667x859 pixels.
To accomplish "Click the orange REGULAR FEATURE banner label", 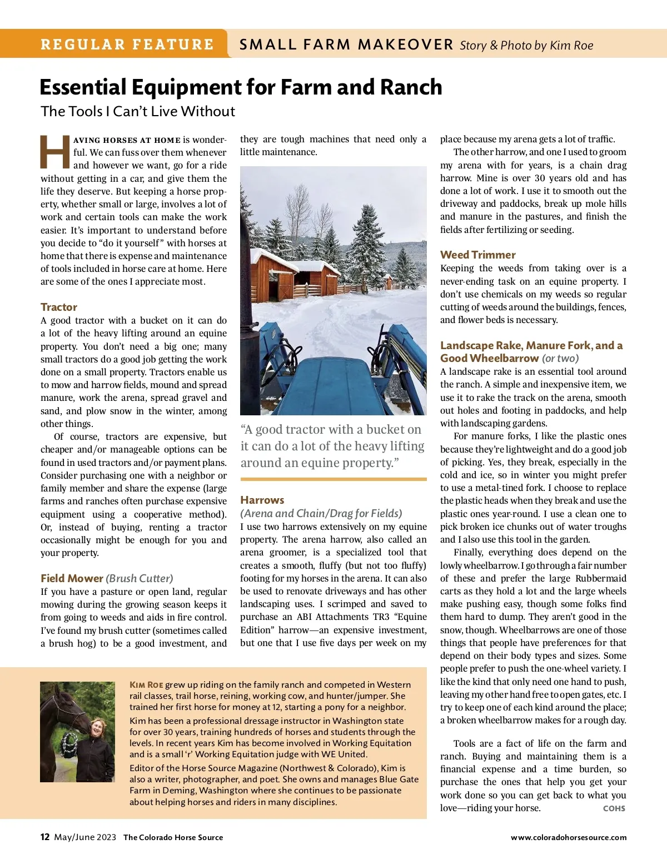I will tap(127, 44).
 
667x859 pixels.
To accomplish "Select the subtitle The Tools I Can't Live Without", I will tap(138, 111).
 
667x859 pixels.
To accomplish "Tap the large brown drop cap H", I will tap(55, 152).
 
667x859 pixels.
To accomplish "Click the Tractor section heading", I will tap(59, 307).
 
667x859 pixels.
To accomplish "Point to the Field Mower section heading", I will tap(72, 578).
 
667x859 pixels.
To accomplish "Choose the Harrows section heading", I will tap(262, 500).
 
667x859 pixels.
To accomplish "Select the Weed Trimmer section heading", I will tap(478, 255).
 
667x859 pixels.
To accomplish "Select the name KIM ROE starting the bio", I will tap(146, 685).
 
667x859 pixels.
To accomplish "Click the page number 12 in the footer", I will tap(45, 837).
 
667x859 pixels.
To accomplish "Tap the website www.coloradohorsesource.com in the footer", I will tap(569, 837).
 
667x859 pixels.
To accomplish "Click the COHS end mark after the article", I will tap(614, 808).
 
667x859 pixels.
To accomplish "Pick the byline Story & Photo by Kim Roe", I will tap(526, 46).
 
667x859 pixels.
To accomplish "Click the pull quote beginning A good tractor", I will tap(332, 446).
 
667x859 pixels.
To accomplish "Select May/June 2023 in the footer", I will tap(85, 837).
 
